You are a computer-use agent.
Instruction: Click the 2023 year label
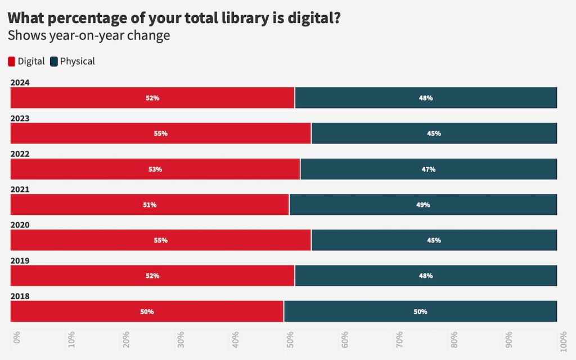pos(20,118)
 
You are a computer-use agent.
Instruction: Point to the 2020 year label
pos(20,225)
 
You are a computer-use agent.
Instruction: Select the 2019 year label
pos(20,260)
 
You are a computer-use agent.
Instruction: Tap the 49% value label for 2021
pos(423,205)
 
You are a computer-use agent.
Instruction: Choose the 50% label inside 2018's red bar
pos(147,312)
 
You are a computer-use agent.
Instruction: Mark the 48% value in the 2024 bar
pos(426,98)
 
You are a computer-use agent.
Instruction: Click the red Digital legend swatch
pos(12,61)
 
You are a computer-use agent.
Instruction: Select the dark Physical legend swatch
pos(54,61)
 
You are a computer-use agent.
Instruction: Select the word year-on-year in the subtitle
pos(87,36)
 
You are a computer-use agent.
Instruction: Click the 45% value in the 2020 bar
pos(434,240)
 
